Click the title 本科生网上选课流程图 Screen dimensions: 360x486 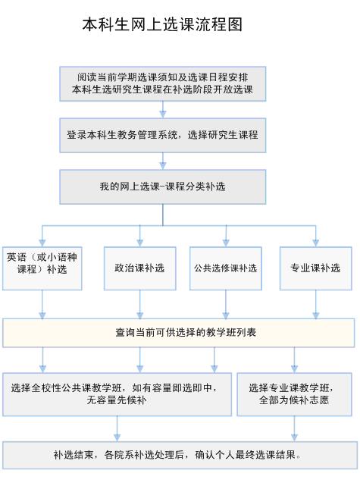(162, 24)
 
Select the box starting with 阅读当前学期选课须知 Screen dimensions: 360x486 (163, 83)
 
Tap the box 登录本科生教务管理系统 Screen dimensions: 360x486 (163, 135)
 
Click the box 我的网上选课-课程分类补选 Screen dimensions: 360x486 (163, 187)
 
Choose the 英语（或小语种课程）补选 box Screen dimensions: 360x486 (42, 268)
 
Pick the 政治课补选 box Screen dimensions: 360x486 (139, 268)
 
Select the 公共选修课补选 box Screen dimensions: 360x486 (226, 268)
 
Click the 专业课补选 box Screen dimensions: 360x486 (316, 268)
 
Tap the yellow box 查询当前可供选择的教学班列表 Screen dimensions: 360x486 (178, 333)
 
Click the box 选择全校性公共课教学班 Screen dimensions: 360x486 (117, 394)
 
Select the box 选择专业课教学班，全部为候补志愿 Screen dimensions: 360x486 (294, 394)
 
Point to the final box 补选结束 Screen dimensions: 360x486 (180, 456)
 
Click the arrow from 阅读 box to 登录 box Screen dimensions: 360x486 (163, 109)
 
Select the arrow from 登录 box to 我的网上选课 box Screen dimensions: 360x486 (163, 161)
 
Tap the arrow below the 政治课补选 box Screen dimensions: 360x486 (139, 304)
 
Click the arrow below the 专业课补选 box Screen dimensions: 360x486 (316, 304)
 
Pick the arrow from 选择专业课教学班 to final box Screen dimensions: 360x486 (294, 428)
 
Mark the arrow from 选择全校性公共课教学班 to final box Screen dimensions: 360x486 (117, 428)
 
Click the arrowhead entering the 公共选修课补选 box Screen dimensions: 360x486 (226, 243)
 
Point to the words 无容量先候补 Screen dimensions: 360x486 (117, 400)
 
